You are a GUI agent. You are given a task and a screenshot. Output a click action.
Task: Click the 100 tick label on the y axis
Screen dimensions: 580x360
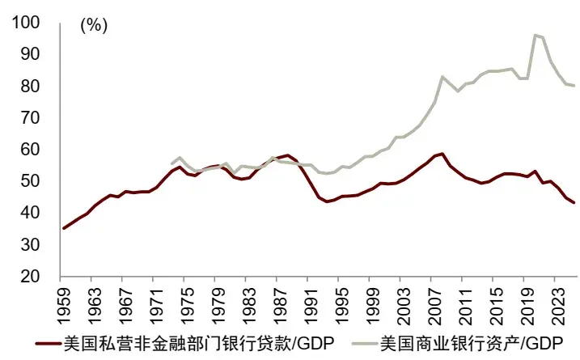point(26,22)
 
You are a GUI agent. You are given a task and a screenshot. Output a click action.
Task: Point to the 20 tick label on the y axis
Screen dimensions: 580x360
point(30,276)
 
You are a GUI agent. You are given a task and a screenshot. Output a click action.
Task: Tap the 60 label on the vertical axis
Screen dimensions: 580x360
point(30,149)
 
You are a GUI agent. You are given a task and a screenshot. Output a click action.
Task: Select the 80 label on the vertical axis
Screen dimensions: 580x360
point(30,86)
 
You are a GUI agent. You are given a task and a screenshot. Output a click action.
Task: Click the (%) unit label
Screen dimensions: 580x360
point(94,26)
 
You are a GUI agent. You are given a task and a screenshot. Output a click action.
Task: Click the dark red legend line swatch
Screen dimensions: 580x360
point(49,343)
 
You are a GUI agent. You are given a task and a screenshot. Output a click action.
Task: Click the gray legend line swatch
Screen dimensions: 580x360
point(365,343)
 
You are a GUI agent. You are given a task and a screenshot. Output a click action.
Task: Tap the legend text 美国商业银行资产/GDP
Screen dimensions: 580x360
point(472,343)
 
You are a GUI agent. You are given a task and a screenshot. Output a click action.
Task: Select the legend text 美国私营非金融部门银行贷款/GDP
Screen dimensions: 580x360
point(199,343)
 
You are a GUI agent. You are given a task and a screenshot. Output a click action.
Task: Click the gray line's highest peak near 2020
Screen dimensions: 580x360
point(535,35)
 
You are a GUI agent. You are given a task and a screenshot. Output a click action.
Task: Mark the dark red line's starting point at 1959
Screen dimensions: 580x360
point(64,228)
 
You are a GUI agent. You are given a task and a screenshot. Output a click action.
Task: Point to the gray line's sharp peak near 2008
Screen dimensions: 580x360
point(442,77)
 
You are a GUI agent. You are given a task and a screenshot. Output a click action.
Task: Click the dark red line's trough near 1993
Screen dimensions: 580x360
point(326,201)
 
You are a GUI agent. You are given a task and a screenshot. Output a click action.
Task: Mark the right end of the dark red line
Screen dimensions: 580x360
point(574,202)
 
